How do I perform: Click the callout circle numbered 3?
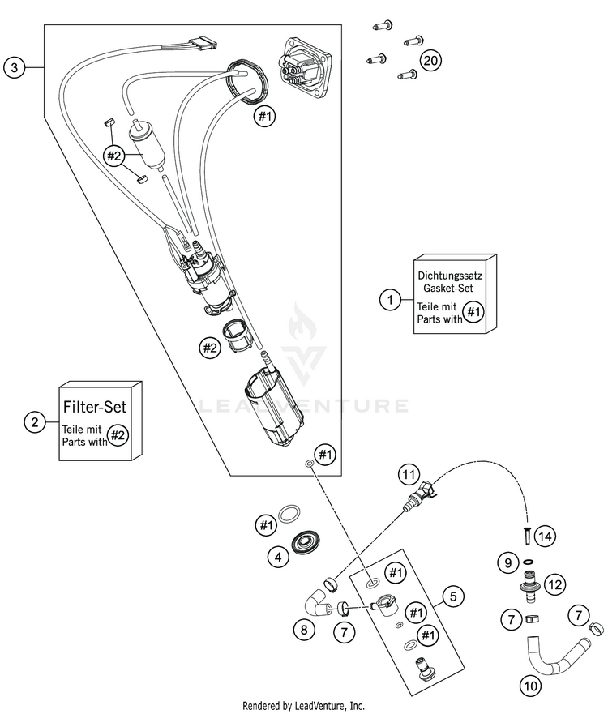tap(14, 68)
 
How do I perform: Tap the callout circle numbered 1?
tap(390, 300)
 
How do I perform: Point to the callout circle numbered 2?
tap(34, 421)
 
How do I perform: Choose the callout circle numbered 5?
tap(453, 597)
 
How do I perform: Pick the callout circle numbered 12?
tap(554, 584)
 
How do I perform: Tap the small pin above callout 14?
tap(524, 536)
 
